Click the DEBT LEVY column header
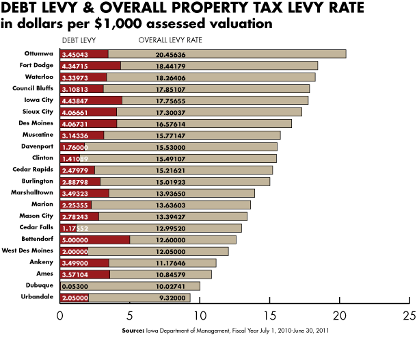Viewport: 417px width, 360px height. tap(78, 40)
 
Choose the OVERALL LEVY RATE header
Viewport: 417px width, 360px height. tap(170, 40)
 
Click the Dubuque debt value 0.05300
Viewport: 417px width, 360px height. tap(76, 286)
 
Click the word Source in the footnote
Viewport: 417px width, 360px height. tap(133, 331)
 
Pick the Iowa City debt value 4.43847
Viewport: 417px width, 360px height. tap(76, 100)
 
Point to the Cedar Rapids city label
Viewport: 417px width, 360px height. tap(35, 170)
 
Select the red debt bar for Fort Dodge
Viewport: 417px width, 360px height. tap(90, 65)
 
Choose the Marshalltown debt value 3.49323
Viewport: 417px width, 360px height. tap(76, 193)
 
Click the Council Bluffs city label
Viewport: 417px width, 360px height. tap(33, 88)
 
